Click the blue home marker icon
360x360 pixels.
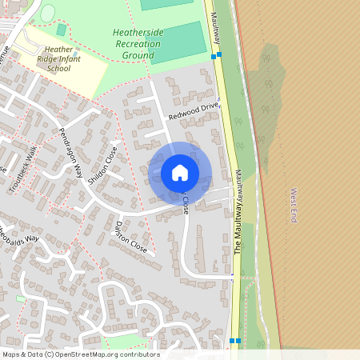(180, 173)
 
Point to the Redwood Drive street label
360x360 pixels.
(194, 111)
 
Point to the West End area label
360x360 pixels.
(294, 205)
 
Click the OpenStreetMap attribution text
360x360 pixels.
(80, 354)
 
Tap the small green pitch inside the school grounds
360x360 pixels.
(62, 30)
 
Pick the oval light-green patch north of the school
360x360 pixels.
(48, 13)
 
